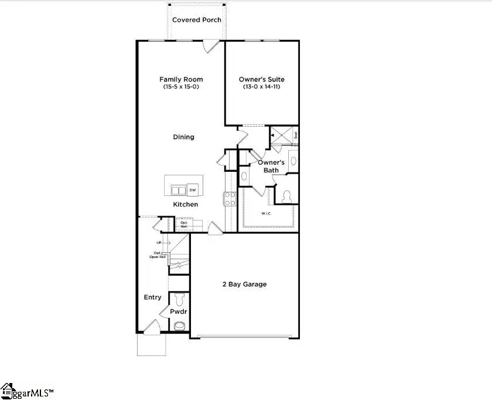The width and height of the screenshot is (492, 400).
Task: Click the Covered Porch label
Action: pyautogui.click(x=197, y=20)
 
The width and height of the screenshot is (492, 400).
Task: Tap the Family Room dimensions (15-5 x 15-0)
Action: pyautogui.click(x=182, y=87)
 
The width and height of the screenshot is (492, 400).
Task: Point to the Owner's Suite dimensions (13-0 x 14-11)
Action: pyautogui.click(x=262, y=87)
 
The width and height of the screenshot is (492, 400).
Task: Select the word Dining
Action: pyautogui.click(x=183, y=137)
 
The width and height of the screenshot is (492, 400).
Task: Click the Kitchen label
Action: pyautogui.click(x=185, y=205)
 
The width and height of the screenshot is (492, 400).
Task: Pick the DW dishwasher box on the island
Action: pyautogui.click(x=193, y=189)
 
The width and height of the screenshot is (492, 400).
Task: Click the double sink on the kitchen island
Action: pyautogui.click(x=178, y=190)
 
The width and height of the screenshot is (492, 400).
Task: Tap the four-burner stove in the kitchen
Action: pyautogui.click(x=230, y=199)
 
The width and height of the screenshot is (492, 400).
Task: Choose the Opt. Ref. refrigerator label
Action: pyautogui.click(x=184, y=225)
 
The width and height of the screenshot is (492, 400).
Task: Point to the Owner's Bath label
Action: pyautogui.click(x=271, y=166)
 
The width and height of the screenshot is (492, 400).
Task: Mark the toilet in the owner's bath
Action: pyautogui.click(x=287, y=196)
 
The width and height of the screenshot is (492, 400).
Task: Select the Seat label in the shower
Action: pyautogui.click(x=296, y=134)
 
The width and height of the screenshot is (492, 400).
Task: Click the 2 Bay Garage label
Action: pyautogui.click(x=244, y=284)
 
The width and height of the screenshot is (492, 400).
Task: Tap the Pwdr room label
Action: pyautogui.click(x=179, y=312)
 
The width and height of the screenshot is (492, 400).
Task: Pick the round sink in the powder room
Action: pyautogui.click(x=180, y=326)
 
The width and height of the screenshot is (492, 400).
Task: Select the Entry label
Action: pyautogui.click(x=153, y=297)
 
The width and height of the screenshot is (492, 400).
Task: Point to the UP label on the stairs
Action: pyautogui.click(x=159, y=243)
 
